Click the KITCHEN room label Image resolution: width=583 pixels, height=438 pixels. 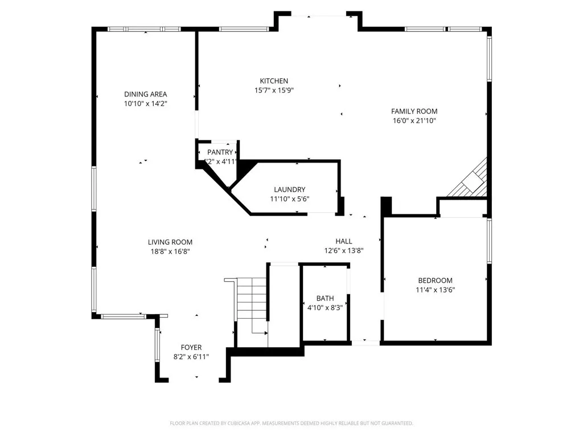[274, 81]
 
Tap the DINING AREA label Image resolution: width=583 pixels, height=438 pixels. [146, 94]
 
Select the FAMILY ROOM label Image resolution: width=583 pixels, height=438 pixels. [414, 111]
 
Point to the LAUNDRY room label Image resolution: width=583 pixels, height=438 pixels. [289, 189]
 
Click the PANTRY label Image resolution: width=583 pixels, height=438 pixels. [220, 152]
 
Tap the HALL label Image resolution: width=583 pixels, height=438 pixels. [343, 241]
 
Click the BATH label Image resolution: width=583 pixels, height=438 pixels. [325, 298]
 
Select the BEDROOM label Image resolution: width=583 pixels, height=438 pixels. [435, 280]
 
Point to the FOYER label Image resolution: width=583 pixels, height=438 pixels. [191, 347]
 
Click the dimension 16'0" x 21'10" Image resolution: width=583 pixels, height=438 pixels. [414, 120]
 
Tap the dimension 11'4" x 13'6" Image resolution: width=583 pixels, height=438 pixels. [435, 289]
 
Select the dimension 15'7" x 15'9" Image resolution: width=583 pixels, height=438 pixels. [274, 90]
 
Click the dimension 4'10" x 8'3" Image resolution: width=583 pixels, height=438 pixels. [325, 307]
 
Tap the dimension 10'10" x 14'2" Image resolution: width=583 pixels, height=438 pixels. [146, 103]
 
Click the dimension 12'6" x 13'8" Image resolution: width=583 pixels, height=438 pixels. [343, 250]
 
